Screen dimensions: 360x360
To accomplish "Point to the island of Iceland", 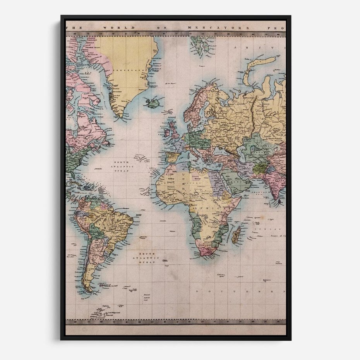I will [x=152, y=103].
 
